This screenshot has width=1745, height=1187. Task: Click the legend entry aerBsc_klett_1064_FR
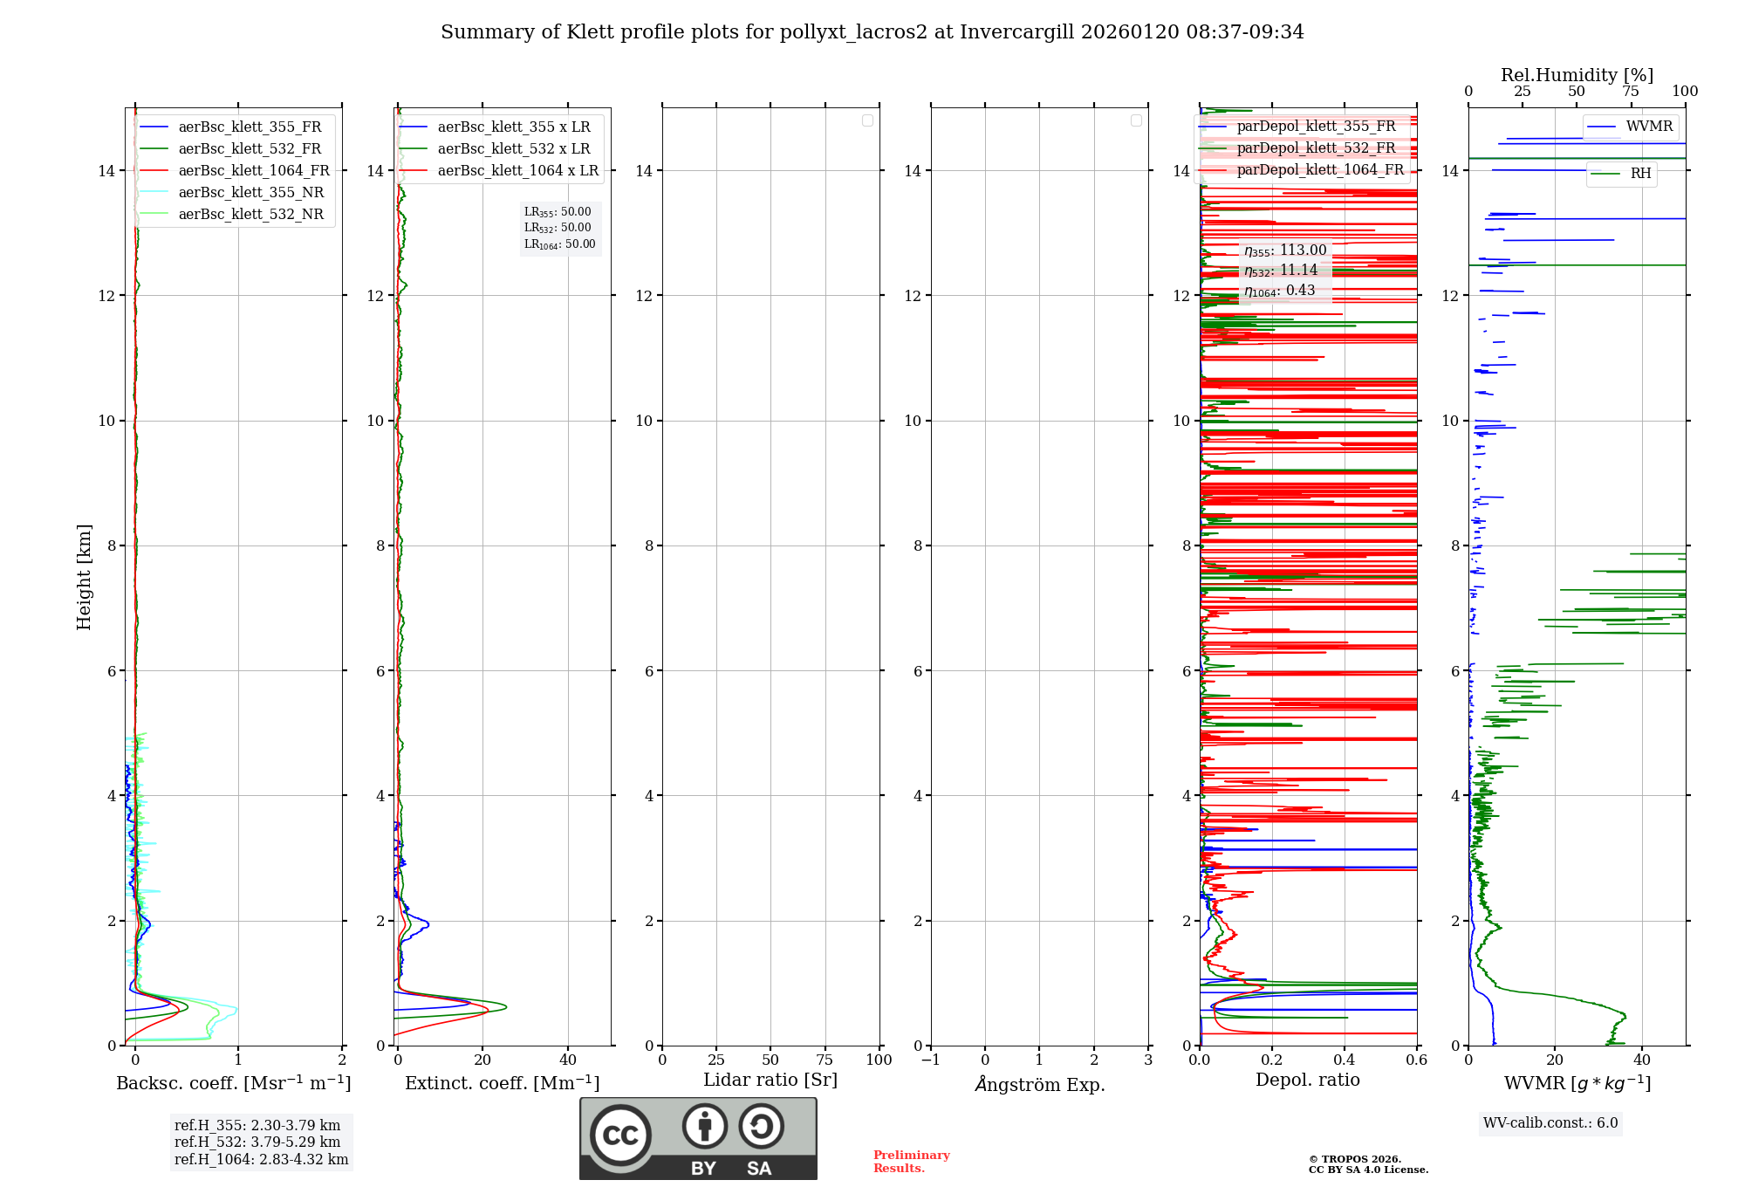tap(253, 171)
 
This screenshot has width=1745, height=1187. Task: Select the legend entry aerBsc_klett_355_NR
tap(250, 193)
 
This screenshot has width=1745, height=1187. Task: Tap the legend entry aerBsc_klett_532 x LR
tap(513, 149)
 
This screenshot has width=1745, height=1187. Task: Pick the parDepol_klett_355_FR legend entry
tap(1316, 127)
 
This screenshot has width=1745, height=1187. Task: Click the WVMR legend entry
tap(1648, 127)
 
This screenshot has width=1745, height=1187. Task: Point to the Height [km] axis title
tap(84, 577)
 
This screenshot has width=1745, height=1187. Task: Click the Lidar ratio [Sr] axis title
tap(770, 1081)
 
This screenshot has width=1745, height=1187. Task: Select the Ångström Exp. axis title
tap(1039, 1085)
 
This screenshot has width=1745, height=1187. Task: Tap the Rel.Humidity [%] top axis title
tap(1577, 75)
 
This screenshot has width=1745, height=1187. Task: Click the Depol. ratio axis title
tap(1307, 1081)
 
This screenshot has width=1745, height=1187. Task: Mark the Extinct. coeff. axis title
tap(502, 1083)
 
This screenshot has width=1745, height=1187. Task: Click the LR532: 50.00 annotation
tap(558, 228)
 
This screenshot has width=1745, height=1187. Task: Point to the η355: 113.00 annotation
tap(1285, 250)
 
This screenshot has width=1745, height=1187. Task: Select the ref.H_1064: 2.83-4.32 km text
tap(261, 1160)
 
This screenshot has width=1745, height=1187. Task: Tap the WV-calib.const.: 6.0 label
tap(1550, 1123)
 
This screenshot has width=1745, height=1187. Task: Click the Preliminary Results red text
tap(911, 1162)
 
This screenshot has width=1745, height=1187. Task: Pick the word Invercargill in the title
tap(1017, 32)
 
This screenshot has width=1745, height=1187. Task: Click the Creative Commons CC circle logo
tap(620, 1136)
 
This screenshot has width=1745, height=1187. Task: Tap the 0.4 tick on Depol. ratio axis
tap(1345, 1060)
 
